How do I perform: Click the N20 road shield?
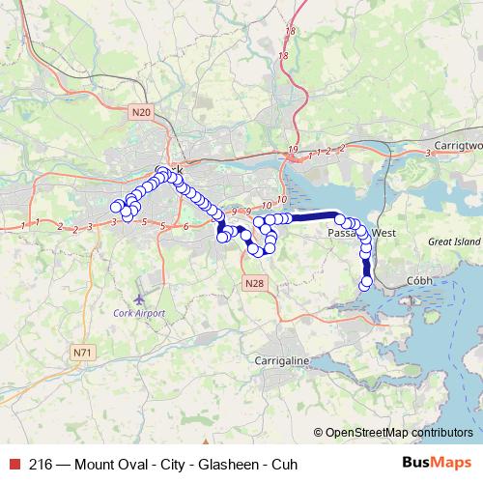coord(141,113)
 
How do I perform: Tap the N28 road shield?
coord(253,283)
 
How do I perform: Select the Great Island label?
coord(455,243)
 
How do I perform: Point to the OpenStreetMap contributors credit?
coord(399,432)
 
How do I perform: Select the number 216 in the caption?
coord(41,464)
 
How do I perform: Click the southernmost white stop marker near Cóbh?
coord(365,282)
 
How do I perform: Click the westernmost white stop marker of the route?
coord(116,206)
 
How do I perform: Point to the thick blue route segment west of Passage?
coord(314,216)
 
